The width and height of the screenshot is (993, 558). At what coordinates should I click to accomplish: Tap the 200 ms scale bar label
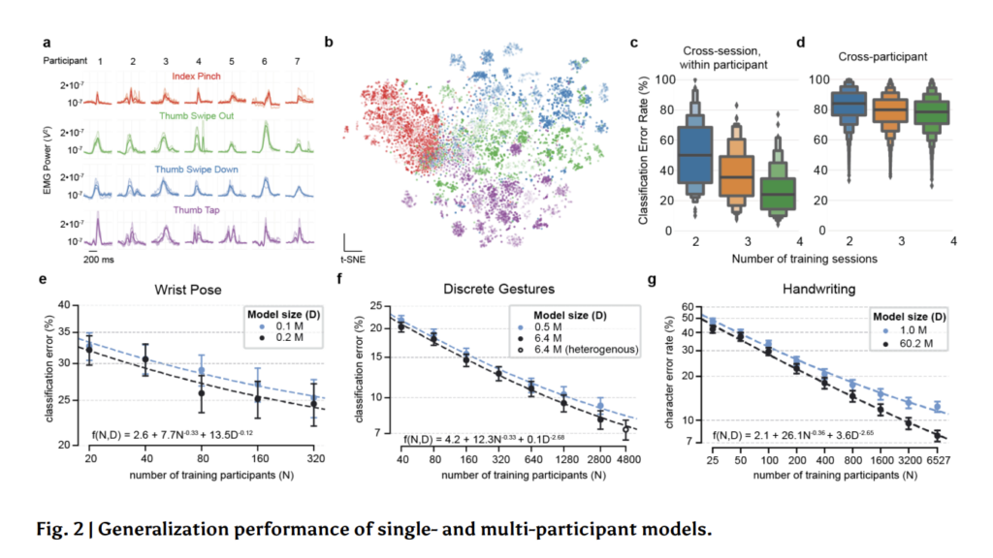(97, 262)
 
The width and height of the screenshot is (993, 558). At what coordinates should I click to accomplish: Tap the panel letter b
(329, 42)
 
